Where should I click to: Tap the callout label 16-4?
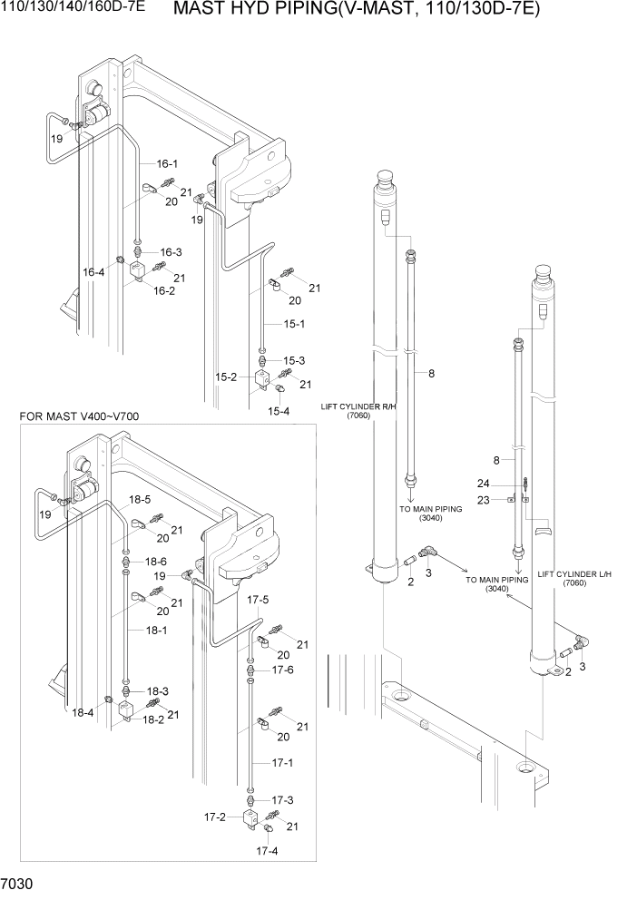click(94, 272)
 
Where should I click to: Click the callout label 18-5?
click(139, 500)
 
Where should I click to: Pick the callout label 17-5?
click(259, 600)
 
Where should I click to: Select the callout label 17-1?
click(283, 763)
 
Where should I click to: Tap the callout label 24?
click(484, 483)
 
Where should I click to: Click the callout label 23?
click(484, 499)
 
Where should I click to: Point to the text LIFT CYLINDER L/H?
click(573, 574)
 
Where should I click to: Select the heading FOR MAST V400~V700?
click(79, 416)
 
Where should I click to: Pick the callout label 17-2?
click(216, 817)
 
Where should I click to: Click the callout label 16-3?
click(171, 251)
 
